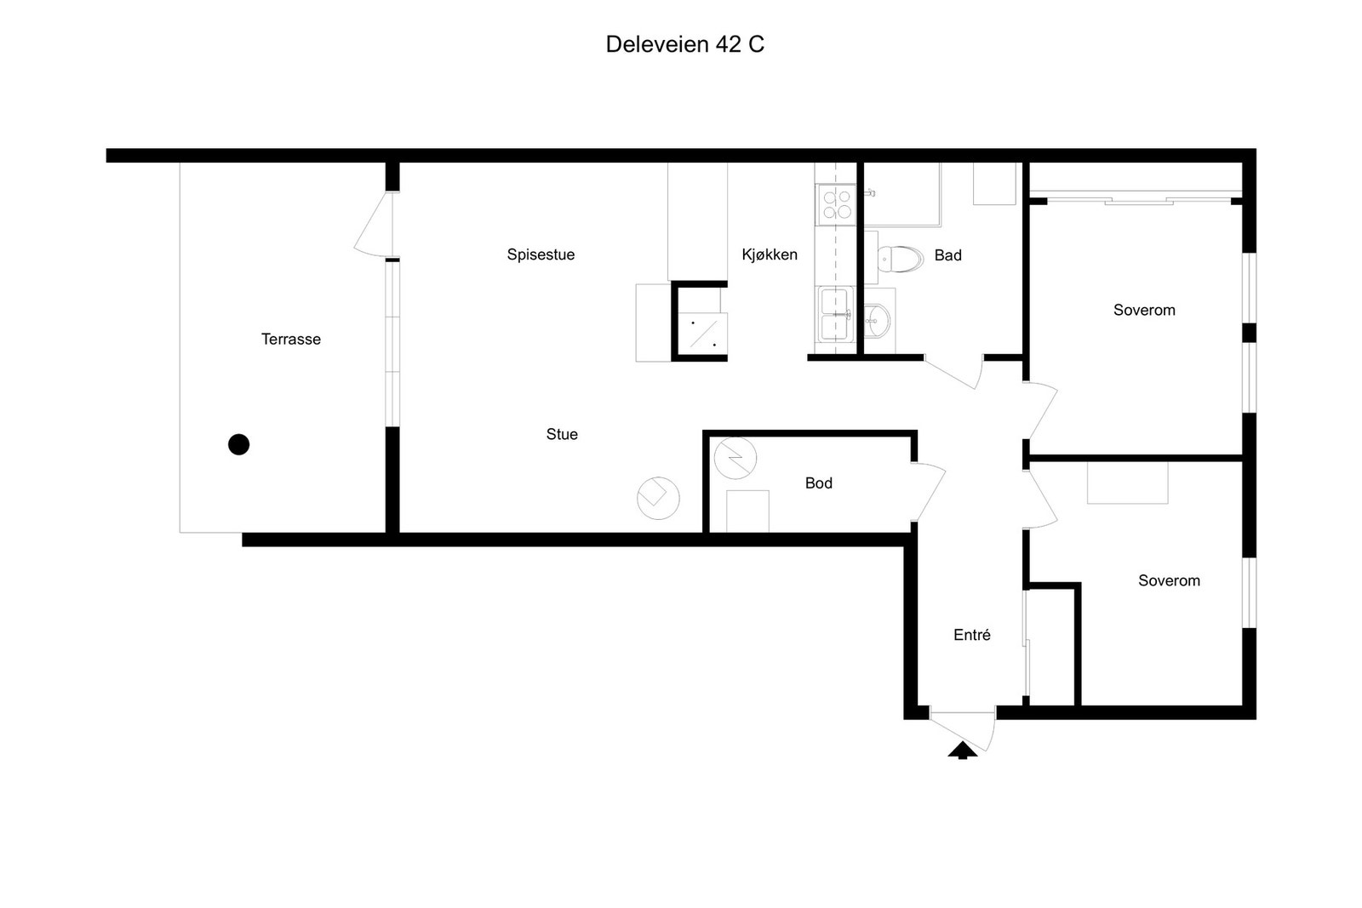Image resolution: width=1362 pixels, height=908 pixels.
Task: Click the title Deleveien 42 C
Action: click(x=684, y=44)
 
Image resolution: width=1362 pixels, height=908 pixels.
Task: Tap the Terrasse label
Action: click(x=290, y=340)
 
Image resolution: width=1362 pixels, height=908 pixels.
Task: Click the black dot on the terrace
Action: click(x=238, y=444)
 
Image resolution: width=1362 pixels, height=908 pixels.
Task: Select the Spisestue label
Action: click(x=541, y=254)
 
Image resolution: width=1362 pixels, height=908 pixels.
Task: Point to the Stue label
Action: click(x=562, y=434)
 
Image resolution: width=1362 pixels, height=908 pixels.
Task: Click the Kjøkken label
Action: click(x=770, y=254)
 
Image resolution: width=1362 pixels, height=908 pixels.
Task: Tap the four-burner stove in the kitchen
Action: click(x=837, y=203)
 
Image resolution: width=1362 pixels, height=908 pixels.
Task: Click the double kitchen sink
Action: click(x=835, y=315)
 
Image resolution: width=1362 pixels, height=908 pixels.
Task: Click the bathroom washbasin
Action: click(x=877, y=320)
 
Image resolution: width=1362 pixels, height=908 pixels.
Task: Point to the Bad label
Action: click(x=948, y=255)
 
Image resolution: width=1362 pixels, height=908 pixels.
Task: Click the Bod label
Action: click(x=818, y=483)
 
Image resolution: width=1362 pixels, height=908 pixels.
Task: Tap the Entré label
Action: click(x=971, y=635)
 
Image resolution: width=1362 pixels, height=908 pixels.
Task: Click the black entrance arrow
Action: click(x=963, y=751)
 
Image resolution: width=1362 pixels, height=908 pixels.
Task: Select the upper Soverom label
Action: click(x=1144, y=310)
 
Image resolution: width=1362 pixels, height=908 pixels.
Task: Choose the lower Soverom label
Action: click(x=1169, y=580)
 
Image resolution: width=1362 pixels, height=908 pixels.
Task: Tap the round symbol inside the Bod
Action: click(x=735, y=458)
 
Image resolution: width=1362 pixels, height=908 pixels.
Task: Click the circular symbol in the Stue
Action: click(x=658, y=498)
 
